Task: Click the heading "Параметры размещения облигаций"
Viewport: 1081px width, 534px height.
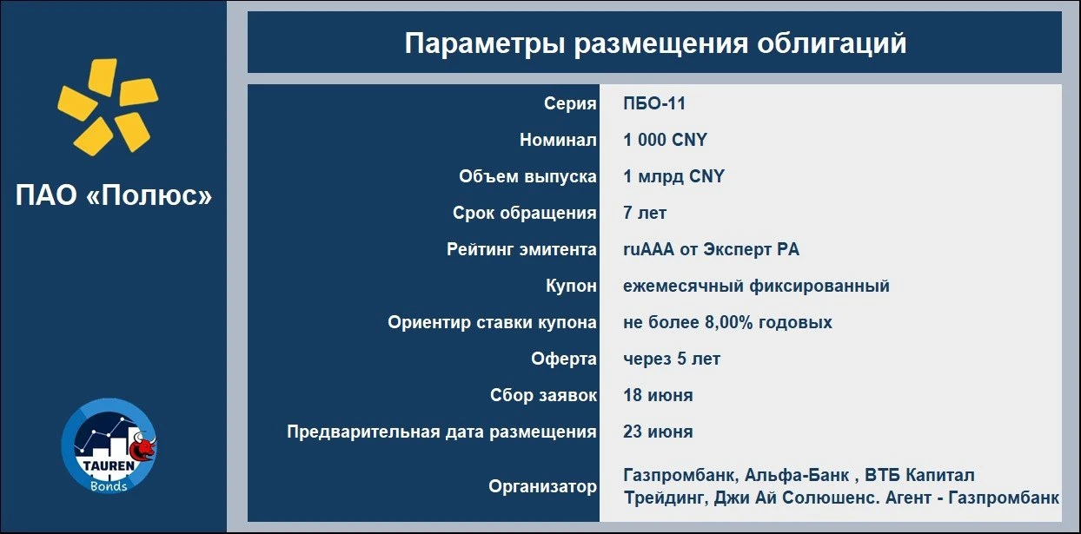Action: (x=655, y=43)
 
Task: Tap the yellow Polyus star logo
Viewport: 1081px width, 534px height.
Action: (x=108, y=107)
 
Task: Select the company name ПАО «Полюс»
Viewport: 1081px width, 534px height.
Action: (x=114, y=195)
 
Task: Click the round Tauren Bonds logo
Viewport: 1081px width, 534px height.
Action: (x=109, y=445)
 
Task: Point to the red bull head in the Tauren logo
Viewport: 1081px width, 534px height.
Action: (x=143, y=446)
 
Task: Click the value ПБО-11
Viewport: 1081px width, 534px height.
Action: (x=654, y=103)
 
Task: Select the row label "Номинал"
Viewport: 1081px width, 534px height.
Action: (x=558, y=140)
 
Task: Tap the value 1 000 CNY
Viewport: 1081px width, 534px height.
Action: (x=665, y=140)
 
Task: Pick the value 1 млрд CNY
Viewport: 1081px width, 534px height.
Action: (x=673, y=176)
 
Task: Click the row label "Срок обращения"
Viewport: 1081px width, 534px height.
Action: (x=525, y=214)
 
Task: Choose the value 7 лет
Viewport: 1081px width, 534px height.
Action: (x=645, y=213)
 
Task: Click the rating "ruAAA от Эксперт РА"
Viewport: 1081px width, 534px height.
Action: (x=712, y=249)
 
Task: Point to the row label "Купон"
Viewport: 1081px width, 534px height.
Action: (x=572, y=286)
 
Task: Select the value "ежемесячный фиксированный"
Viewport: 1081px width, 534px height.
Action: (x=756, y=286)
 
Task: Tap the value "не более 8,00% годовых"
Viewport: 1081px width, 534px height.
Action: (x=727, y=322)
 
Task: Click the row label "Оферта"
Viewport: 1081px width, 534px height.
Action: (x=564, y=359)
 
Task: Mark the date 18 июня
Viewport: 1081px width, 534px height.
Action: (x=658, y=396)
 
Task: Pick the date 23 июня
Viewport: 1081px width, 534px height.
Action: (x=658, y=432)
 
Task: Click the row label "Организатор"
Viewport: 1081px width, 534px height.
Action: (x=542, y=487)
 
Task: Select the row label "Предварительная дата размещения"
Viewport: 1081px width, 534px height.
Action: (x=441, y=432)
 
